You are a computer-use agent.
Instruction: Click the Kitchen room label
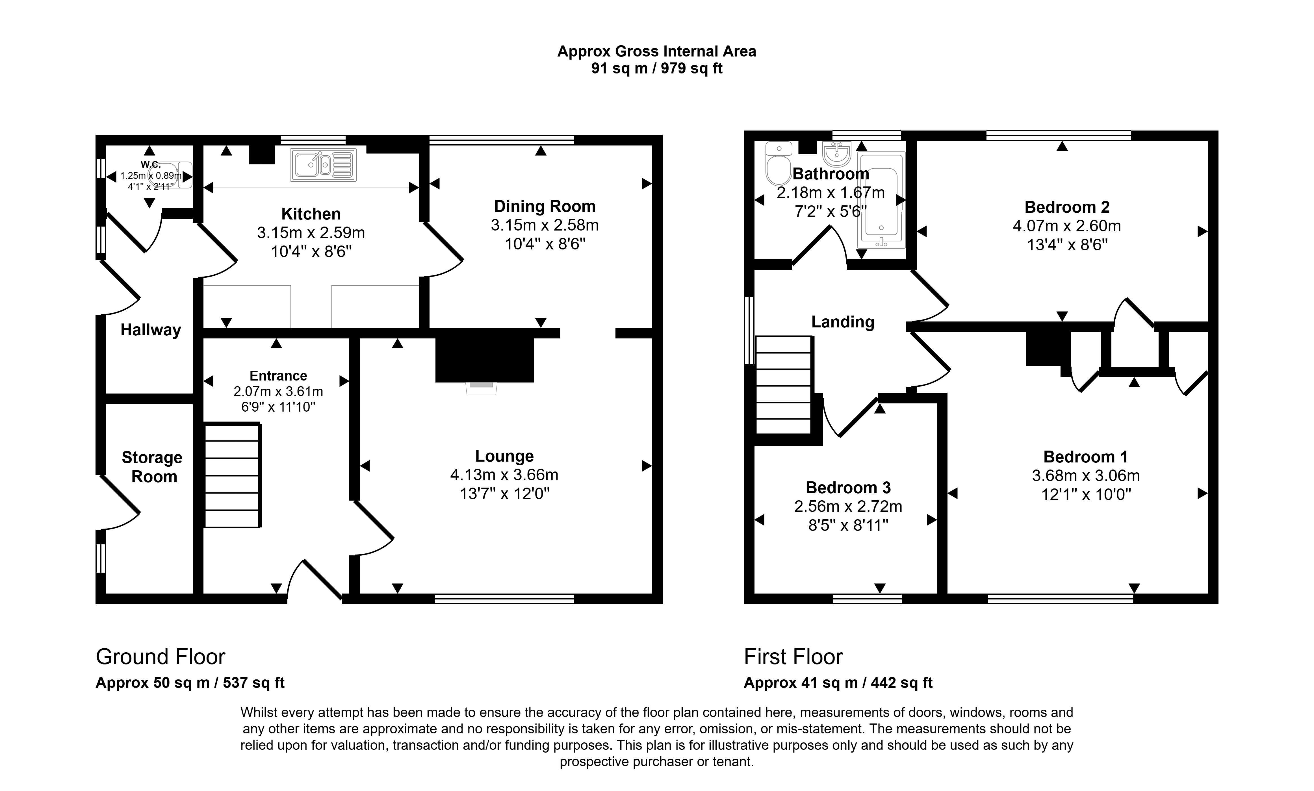pyautogui.click(x=311, y=214)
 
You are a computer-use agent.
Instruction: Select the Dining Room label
pyautogui.click(x=544, y=206)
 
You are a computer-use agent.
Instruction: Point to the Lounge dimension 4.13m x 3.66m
pyautogui.click(x=504, y=474)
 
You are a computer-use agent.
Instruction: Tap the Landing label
pyautogui.click(x=842, y=322)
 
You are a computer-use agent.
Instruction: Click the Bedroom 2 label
pyautogui.click(x=1067, y=207)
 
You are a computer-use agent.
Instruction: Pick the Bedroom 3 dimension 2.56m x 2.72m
pyautogui.click(x=847, y=506)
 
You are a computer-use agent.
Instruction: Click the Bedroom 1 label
pyautogui.click(x=1085, y=457)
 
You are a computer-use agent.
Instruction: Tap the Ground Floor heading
pyautogui.click(x=161, y=657)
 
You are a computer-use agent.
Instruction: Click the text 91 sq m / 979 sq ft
pyautogui.click(x=656, y=69)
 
